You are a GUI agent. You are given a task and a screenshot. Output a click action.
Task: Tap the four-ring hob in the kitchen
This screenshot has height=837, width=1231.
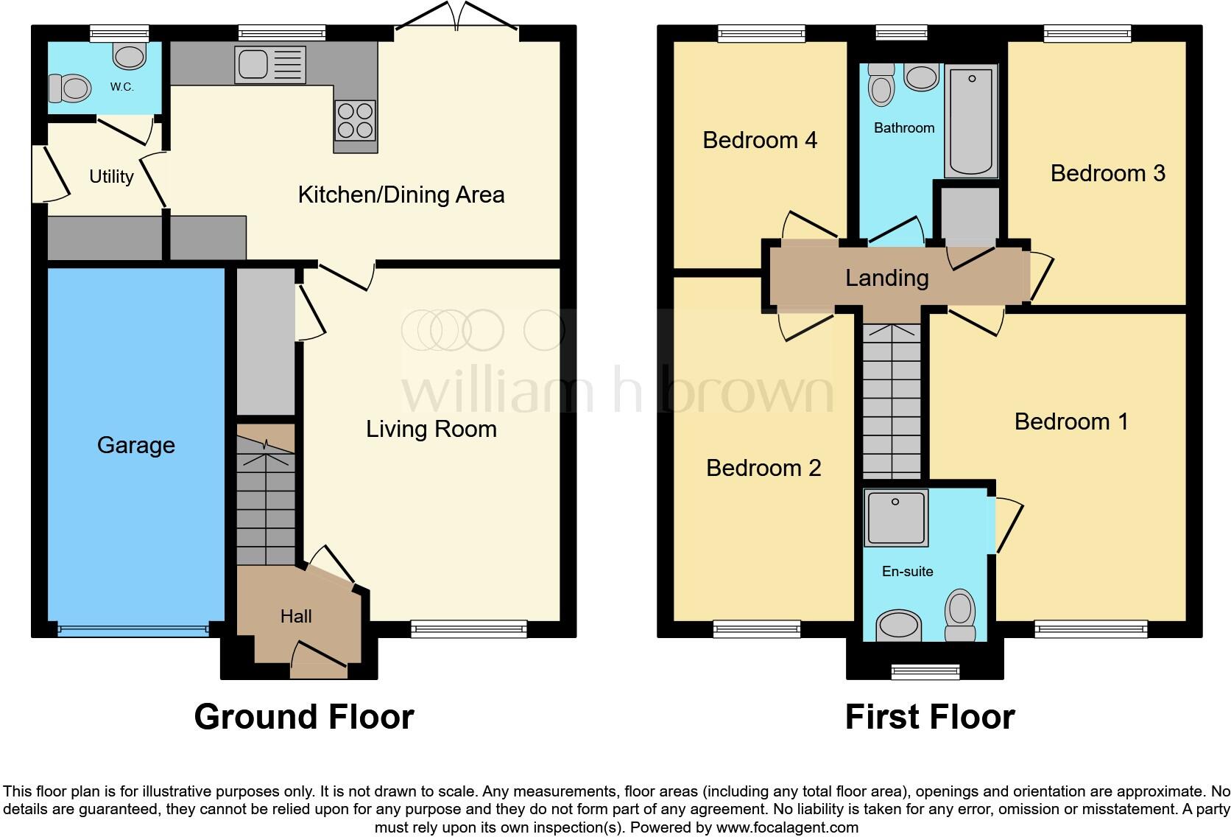[x=356, y=120]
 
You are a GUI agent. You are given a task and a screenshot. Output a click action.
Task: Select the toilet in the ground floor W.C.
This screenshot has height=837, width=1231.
[x=68, y=89]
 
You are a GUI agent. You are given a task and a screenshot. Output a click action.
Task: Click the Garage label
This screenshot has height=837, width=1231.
[x=136, y=445]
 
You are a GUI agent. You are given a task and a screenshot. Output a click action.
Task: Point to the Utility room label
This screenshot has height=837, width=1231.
[x=111, y=177]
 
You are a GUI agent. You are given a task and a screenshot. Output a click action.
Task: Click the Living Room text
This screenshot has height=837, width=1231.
[x=431, y=429]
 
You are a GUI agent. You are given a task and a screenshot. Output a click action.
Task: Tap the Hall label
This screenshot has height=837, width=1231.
[x=296, y=616]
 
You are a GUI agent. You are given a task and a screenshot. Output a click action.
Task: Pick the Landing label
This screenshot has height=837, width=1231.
[x=886, y=278]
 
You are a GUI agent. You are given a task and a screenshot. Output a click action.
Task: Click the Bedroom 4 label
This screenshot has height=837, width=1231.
[x=760, y=140]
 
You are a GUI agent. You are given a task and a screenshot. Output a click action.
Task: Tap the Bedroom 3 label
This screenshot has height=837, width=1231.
[x=1107, y=173]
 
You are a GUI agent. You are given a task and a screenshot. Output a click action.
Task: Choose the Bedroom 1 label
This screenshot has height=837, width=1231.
[x=1070, y=421]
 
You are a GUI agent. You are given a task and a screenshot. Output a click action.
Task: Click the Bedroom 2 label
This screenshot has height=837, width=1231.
[x=763, y=468]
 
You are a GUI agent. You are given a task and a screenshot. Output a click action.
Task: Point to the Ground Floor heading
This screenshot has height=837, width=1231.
[x=304, y=716]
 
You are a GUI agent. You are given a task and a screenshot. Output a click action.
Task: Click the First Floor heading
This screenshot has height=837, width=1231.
[x=930, y=716]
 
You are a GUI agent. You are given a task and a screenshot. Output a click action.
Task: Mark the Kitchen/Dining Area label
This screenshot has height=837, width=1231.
[x=401, y=195]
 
